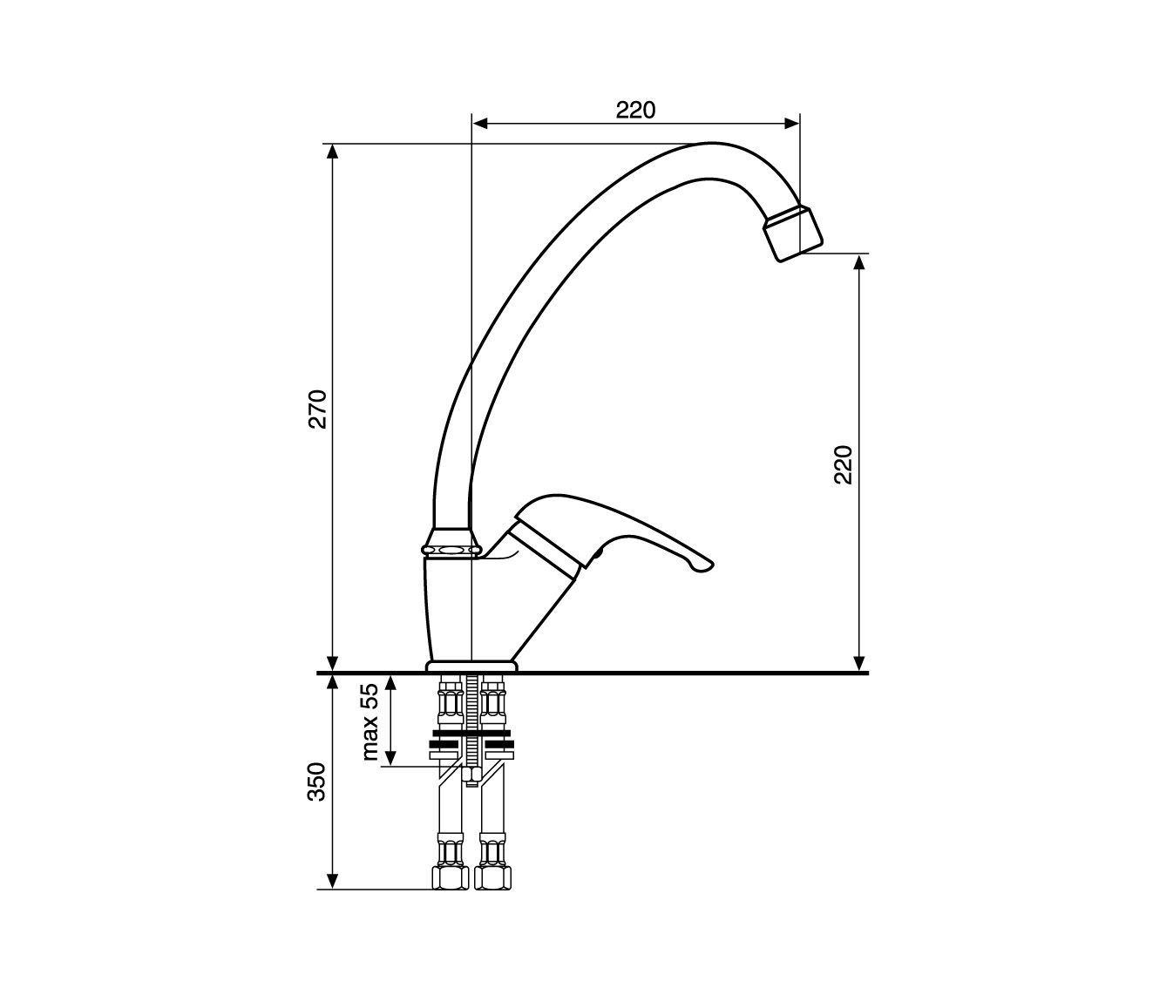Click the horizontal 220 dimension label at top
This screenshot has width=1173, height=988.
(x=635, y=110)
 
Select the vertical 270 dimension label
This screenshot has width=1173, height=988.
(x=318, y=409)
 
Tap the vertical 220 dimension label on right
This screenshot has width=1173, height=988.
(x=844, y=464)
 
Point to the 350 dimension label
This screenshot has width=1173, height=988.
(x=317, y=782)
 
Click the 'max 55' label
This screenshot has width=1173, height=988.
(x=370, y=721)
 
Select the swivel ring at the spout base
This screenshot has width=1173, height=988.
(x=451, y=550)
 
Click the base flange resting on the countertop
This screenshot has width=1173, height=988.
(x=471, y=666)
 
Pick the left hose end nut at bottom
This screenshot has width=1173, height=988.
(x=450, y=878)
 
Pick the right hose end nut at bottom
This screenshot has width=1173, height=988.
(x=492, y=878)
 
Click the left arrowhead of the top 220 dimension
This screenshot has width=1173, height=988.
(x=479, y=124)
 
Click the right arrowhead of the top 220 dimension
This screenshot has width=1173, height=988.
(x=792, y=124)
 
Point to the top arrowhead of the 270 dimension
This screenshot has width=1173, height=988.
(x=333, y=152)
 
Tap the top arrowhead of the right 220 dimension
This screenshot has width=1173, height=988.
(x=859, y=262)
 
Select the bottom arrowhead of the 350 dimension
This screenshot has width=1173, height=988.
(x=333, y=882)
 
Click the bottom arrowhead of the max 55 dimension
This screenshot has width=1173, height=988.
(x=391, y=757)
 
